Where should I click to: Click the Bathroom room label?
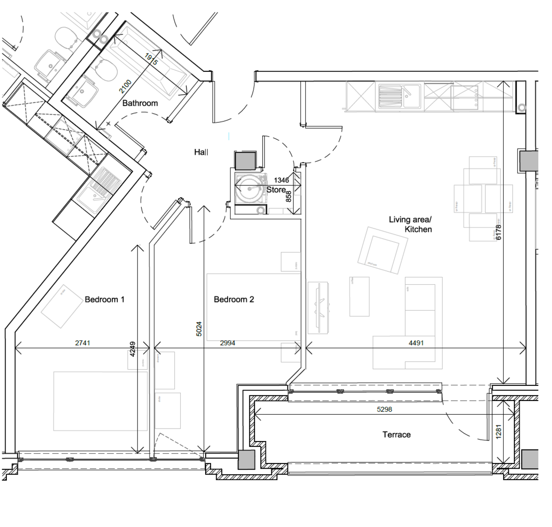pyautogui.click(x=140, y=103)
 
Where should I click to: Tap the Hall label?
pyautogui.click(x=201, y=152)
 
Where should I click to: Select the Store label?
pyautogui.click(x=276, y=190)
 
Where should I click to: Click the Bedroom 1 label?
pyautogui.click(x=104, y=299)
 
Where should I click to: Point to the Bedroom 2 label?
pyautogui.click(x=234, y=299)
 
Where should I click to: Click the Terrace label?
pyautogui.click(x=396, y=435)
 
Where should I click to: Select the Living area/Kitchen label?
pyautogui.click(x=410, y=224)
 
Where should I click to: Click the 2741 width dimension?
pyautogui.click(x=82, y=343)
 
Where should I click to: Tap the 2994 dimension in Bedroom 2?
pyautogui.click(x=227, y=343)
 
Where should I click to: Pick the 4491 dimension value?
pyautogui.click(x=416, y=343)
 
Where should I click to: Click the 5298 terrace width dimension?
pyautogui.click(x=384, y=409)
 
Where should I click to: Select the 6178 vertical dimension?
pyautogui.click(x=498, y=232)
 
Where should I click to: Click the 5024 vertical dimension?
pyautogui.click(x=199, y=328)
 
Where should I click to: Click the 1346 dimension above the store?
pyautogui.click(x=282, y=180)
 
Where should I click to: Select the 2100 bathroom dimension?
pyautogui.click(x=126, y=87)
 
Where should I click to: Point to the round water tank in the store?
pyautogui.click(x=250, y=189)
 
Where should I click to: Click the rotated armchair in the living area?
pyautogui.click(x=382, y=251)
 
